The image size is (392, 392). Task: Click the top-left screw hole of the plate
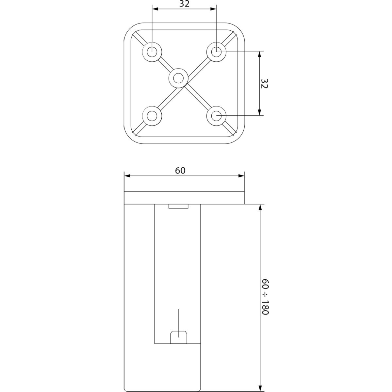tap(152, 52)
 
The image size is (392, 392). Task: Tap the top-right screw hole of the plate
tap(216, 52)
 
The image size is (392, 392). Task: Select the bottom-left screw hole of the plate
tap(152, 116)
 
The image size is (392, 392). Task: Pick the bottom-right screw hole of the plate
tap(216, 116)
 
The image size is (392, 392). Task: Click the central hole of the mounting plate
tap(178, 78)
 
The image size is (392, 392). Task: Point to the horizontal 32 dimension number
tap(184, 4)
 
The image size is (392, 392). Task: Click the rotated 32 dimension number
tap(264, 83)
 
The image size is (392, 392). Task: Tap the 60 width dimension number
tap(180, 171)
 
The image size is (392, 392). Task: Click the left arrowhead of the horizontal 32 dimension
tap(155, 9)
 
